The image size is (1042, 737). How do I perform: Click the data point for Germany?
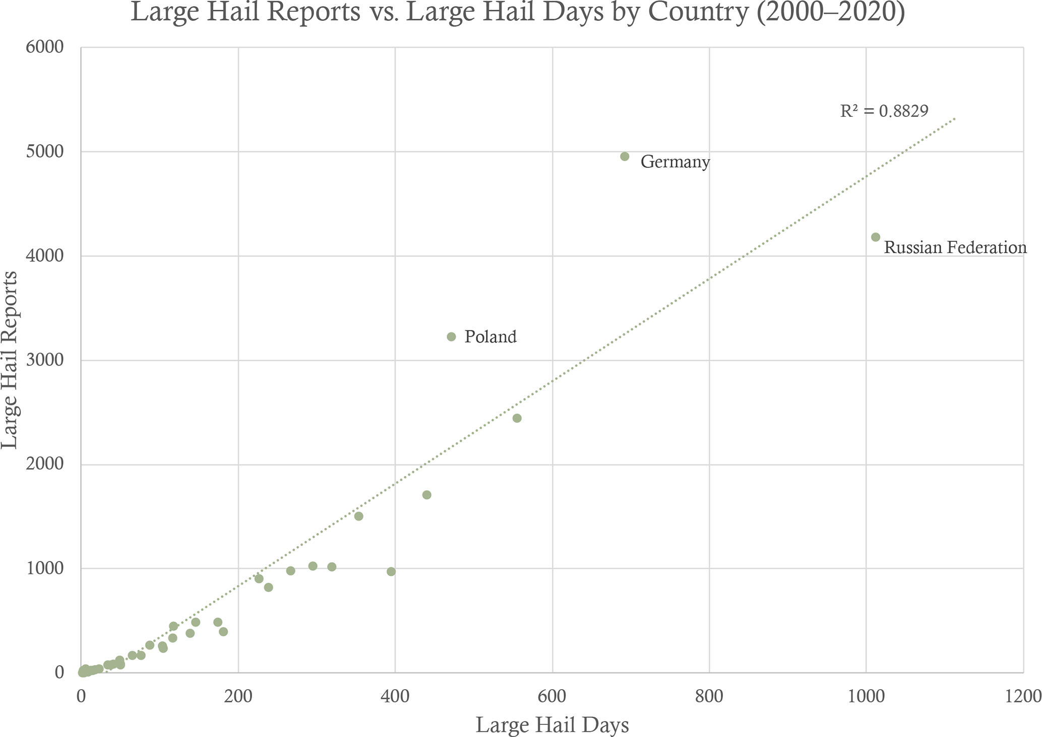click(x=625, y=157)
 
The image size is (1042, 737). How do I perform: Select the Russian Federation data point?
click(x=876, y=237)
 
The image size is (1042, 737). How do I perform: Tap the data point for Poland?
click(x=451, y=337)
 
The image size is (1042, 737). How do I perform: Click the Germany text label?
click(x=675, y=162)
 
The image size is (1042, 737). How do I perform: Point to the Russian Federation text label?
click(x=955, y=248)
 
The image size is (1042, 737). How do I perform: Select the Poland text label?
click(x=491, y=337)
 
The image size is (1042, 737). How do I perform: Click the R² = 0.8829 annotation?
click(x=884, y=111)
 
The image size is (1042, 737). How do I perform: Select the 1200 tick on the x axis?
click(x=1023, y=696)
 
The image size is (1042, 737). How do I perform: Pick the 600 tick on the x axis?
click(x=553, y=696)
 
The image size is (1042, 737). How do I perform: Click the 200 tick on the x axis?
click(x=238, y=696)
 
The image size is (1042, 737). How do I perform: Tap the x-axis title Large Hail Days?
click(x=552, y=725)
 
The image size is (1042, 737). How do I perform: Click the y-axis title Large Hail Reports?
click(x=10, y=360)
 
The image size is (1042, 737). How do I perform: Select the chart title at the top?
click(x=518, y=12)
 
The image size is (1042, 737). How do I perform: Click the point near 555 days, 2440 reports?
click(x=517, y=418)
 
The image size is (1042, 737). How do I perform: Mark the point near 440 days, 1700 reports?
click(x=426, y=495)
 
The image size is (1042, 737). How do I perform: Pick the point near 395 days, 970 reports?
click(x=391, y=572)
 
